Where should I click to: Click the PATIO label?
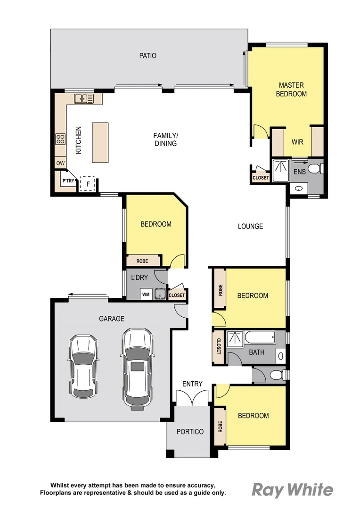pos(147,56)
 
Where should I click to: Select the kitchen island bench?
pos(100,143)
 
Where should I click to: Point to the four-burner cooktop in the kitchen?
pos(60,139)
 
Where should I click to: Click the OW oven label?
pos(60,164)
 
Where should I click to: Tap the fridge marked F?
pos(87,183)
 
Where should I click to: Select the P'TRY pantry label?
pos(68,181)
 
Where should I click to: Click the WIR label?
pos(297,142)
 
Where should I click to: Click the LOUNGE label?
pos(250,226)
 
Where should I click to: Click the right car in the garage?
pos(137,368)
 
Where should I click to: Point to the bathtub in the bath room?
pos(260,338)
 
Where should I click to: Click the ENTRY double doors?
pos(192,398)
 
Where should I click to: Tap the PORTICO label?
pos(190,432)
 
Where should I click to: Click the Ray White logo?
pos(292,490)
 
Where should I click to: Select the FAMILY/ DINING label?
pos(165,140)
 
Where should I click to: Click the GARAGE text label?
pos(112,319)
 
